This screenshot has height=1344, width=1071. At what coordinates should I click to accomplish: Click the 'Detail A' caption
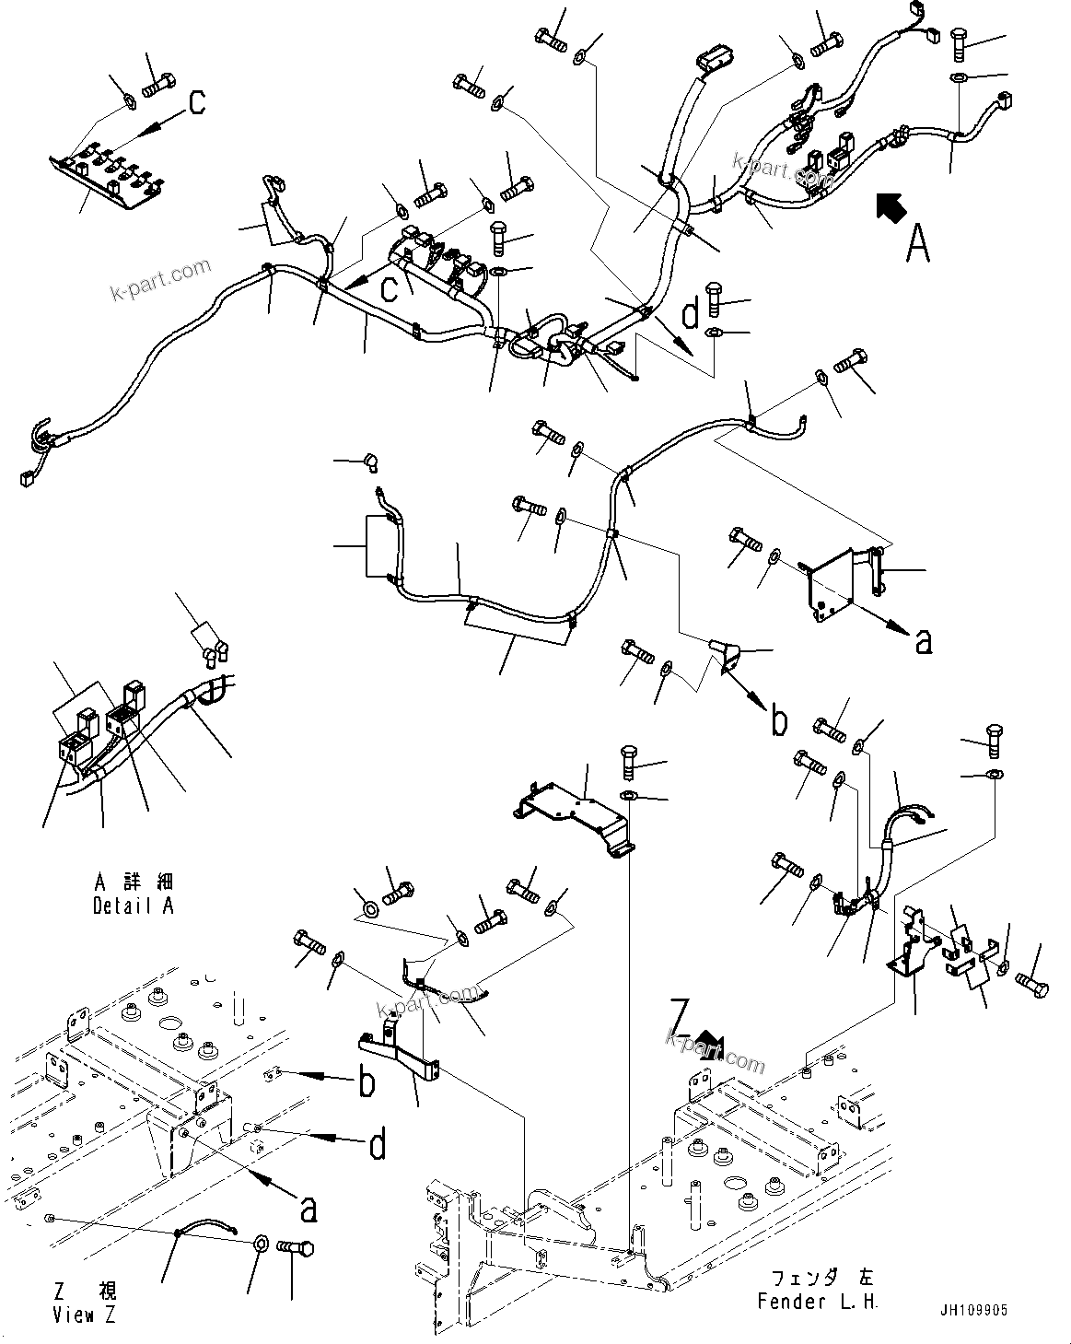click(133, 906)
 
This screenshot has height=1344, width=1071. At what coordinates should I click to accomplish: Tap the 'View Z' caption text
click(85, 1315)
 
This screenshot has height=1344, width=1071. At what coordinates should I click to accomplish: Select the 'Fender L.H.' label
click(818, 1302)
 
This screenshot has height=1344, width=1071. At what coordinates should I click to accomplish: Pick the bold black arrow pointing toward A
click(890, 207)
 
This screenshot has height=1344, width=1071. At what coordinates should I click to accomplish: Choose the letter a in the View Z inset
click(308, 1209)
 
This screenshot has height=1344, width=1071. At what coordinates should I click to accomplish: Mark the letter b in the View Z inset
click(367, 1083)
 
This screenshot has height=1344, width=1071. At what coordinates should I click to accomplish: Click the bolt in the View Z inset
click(297, 1248)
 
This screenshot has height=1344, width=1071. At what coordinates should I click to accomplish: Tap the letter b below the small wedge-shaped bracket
click(779, 721)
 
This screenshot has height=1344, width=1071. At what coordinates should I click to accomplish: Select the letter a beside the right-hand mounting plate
click(923, 640)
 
